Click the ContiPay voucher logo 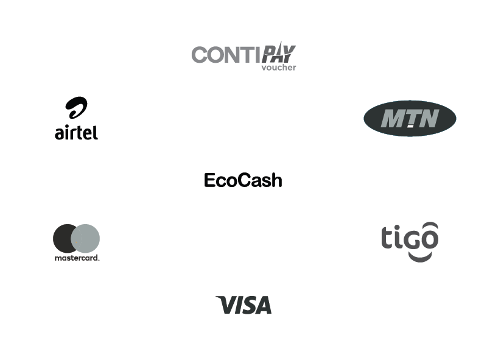pyautogui.click(x=244, y=56)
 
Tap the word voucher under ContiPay pyautogui.click(x=279, y=68)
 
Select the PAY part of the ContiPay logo pyautogui.click(x=279, y=52)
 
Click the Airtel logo pyautogui.click(x=77, y=118)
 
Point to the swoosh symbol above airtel pyautogui.click(x=77, y=108)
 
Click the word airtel pyautogui.click(x=77, y=133)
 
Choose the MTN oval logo pyautogui.click(x=410, y=118)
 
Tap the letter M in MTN pyautogui.click(x=392, y=118)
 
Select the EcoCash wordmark pyautogui.click(x=243, y=180)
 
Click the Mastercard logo pyautogui.click(x=77, y=242)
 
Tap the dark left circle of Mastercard pyautogui.click(x=65, y=238)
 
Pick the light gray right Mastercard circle pyautogui.click(x=85, y=238)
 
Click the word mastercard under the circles pyautogui.click(x=77, y=258)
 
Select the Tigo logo pyautogui.click(x=410, y=242)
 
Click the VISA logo pyautogui.click(x=243, y=305)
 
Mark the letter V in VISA pyautogui.click(x=226, y=305)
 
